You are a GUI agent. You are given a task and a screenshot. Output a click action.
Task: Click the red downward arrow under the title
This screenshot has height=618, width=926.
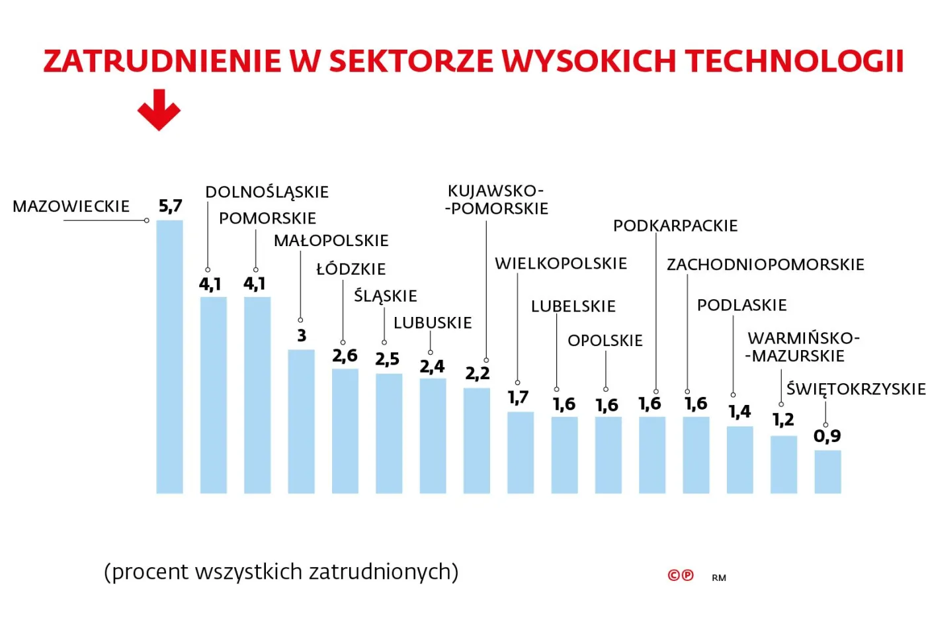[159, 110]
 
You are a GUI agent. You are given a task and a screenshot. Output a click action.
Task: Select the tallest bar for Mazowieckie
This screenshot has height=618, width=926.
[169, 357]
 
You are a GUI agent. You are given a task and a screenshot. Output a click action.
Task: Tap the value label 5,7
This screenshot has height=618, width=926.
[170, 206]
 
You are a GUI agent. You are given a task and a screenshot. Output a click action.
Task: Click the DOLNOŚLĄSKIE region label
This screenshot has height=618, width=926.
[267, 192]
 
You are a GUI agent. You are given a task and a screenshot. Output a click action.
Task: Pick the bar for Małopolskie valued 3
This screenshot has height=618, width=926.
[301, 421]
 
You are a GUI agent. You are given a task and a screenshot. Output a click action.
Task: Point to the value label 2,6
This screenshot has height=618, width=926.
[345, 356]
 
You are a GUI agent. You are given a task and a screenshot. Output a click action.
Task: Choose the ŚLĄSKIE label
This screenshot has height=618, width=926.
[386, 296]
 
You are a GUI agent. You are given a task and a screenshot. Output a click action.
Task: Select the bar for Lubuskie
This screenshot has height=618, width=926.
[433, 436]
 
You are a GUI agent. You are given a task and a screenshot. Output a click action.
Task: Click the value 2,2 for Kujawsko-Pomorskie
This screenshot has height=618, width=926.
[477, 374]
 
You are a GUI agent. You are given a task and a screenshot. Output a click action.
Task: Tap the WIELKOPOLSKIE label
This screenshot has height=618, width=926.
[561, 263]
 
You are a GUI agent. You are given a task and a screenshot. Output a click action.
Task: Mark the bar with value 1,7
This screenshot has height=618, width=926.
[521, 453]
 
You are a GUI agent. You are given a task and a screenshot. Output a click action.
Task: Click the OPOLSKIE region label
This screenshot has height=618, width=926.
[605, 341]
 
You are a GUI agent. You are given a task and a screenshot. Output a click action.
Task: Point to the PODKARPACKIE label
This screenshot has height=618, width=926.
[675, 226]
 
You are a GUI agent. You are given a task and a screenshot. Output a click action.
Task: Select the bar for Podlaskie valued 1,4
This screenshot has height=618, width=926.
[739, 460]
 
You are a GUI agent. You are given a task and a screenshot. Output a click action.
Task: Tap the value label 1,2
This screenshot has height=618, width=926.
[783, 419]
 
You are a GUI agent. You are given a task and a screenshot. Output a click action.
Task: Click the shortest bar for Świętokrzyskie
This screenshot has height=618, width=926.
[827, 472]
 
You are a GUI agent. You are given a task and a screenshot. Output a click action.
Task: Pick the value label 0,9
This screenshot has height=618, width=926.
[827, 436]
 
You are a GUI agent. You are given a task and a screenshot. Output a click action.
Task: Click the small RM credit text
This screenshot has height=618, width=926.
[719, 578]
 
